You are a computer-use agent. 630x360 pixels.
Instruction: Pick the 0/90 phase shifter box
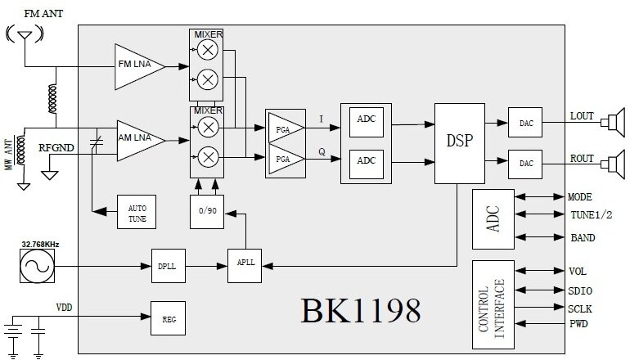(x=205, y=212)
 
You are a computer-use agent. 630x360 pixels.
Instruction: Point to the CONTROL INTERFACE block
(x=493, y=304)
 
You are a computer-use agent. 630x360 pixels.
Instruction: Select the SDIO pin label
(x=581, y=290)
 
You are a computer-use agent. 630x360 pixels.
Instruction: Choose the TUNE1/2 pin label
(x=588, y=218)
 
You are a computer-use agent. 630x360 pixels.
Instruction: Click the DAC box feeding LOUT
(x=524, y=123)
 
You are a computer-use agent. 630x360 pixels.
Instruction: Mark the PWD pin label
(x=578, y=325)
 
